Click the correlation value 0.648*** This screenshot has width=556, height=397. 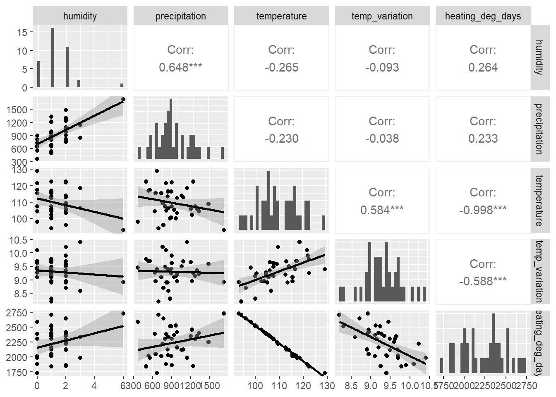[180, 67]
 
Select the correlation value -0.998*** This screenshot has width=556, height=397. [483, 210]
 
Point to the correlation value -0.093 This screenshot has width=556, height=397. [382, 67]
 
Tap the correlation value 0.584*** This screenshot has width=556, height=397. [382, 210]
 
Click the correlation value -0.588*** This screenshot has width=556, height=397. [483, 281]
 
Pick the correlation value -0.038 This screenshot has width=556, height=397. [382, 139]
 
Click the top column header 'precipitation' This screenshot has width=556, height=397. [180, 16]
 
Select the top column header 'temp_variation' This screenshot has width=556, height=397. [382, 16]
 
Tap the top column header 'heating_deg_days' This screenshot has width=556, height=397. [483, 16]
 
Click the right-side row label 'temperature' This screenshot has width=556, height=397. [539, 201]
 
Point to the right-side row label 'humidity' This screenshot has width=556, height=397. [539, 57]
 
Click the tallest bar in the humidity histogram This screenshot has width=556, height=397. [53, 58]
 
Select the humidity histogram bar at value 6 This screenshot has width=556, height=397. [122, 86]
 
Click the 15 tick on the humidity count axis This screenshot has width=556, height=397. [22, 32]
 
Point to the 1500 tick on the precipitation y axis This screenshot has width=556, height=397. [17, 110]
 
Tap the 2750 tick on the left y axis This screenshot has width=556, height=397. [17, 313]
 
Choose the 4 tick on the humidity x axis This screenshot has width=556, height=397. [94, 386]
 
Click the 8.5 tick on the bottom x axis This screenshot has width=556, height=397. [351, 386]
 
